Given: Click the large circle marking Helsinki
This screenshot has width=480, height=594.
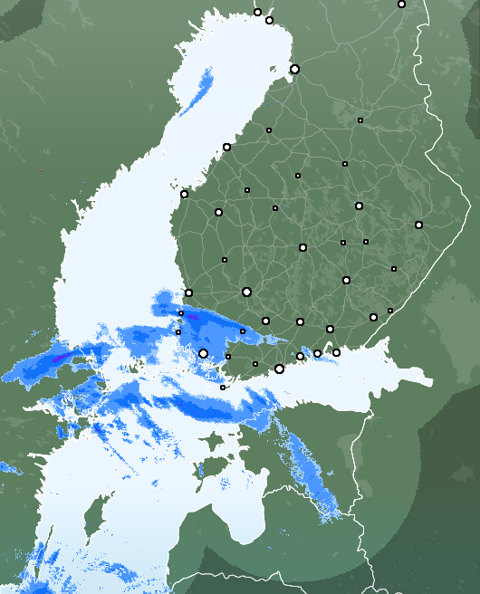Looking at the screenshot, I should click(x=279, y=369).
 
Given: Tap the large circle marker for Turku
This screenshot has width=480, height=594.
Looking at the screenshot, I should click(x=203, y=353).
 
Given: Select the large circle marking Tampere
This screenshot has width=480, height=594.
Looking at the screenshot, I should click(x=246, y=292).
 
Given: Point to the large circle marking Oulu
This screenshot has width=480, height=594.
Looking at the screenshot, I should click(x=294, y=69).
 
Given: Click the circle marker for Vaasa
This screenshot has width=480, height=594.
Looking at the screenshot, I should click(x=184, y=194).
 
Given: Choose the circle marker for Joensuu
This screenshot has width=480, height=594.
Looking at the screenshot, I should click(x=418, y=225).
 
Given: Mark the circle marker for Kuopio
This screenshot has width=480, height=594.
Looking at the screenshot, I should click(x=359, y=206).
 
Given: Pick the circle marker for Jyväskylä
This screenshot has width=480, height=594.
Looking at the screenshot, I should click(x=302, y=247).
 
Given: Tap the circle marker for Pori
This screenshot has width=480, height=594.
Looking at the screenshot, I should click(x=188, y=292).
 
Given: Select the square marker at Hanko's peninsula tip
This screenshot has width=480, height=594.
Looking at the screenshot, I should click(x=223, y=388).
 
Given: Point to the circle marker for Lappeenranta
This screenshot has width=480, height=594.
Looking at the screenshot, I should click(x=373, y=317).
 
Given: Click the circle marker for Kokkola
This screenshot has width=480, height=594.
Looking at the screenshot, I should click(x=226, y=147).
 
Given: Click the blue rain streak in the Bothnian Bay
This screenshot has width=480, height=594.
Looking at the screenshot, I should click(x=195, y=94).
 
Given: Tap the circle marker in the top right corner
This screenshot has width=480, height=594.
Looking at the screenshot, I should click(x=401, y=4).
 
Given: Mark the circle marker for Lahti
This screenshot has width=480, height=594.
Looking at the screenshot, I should click(x=300, y=321).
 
